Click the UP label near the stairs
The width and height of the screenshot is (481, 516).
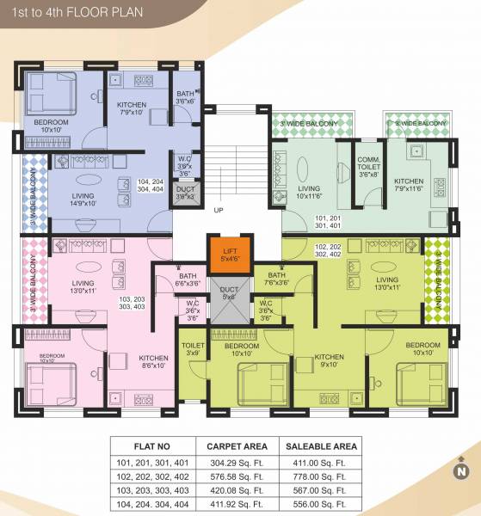click(219, 211)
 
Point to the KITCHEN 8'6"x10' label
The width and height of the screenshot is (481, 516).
click(154, 362)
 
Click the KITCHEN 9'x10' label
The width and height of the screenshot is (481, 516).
click(329, 360)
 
